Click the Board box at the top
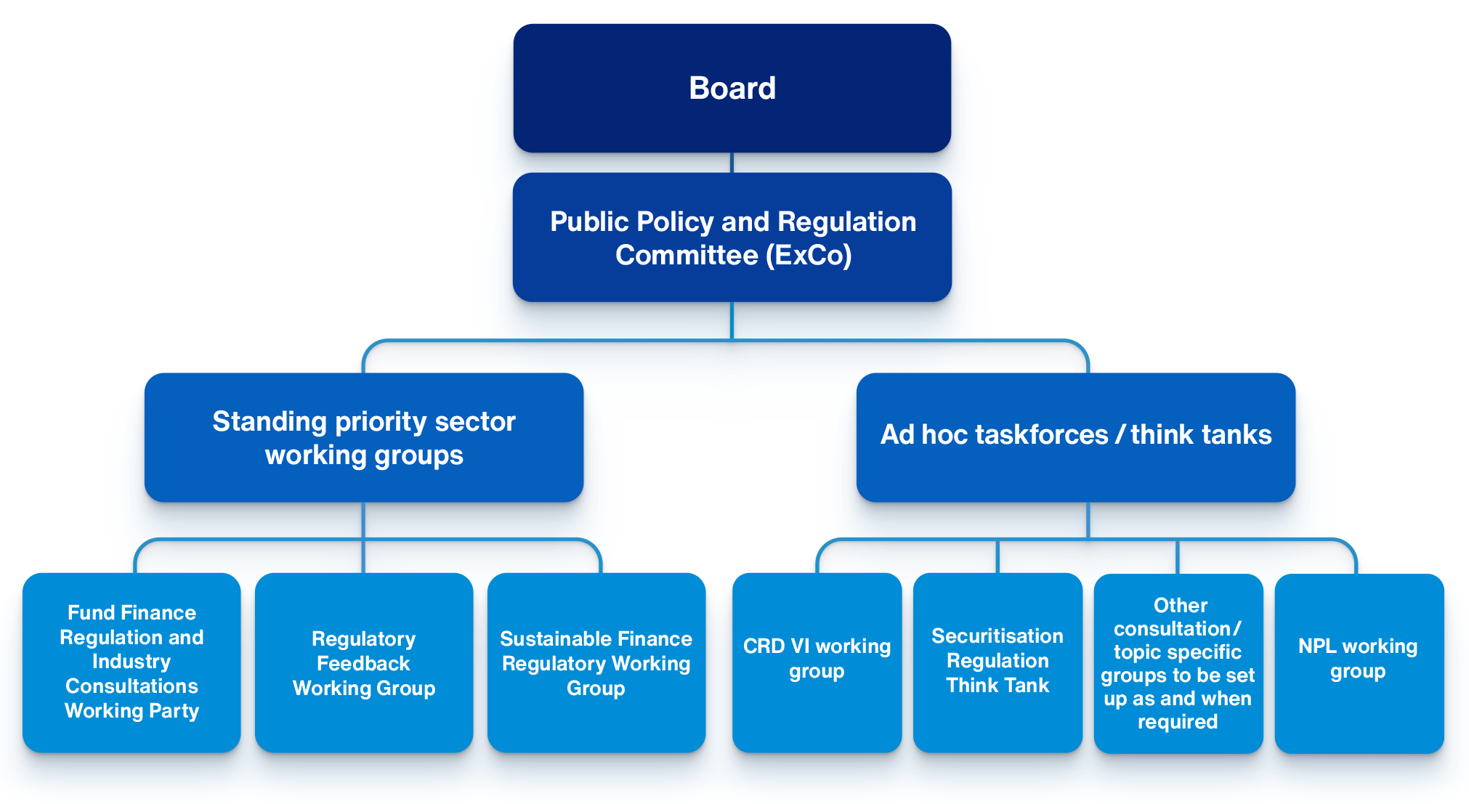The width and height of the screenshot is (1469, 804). [x=732, y=88]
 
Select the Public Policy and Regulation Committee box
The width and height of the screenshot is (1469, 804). [x=732, y=237]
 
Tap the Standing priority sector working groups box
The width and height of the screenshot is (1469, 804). [x=363, y=437]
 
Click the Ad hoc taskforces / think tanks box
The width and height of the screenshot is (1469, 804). [x=1075, y=437]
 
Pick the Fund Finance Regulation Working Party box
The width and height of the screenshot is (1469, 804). [x=131, y=662]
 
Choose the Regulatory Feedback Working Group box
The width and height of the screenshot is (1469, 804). [x=363, y=662]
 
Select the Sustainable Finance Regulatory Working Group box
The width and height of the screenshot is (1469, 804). [x=596, y=662]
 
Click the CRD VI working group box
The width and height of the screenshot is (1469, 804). [x=817, y=662]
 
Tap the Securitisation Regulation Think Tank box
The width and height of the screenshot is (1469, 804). [x=997, y=662]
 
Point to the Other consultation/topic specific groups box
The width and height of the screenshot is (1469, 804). [x=1178, y=662]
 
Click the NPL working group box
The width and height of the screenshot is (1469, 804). [x=1359, y=662]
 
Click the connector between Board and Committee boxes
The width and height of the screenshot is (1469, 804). [x=732, y=163]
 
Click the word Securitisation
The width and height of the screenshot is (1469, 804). [x=997, y=636]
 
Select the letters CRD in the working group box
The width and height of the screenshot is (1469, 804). [x=764, y=646]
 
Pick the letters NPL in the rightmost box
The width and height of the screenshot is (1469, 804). [x=1316, y=646]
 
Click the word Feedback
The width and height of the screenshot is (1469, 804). [x=363, y=664]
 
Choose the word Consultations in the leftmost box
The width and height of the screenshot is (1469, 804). [x=131, y=686]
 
